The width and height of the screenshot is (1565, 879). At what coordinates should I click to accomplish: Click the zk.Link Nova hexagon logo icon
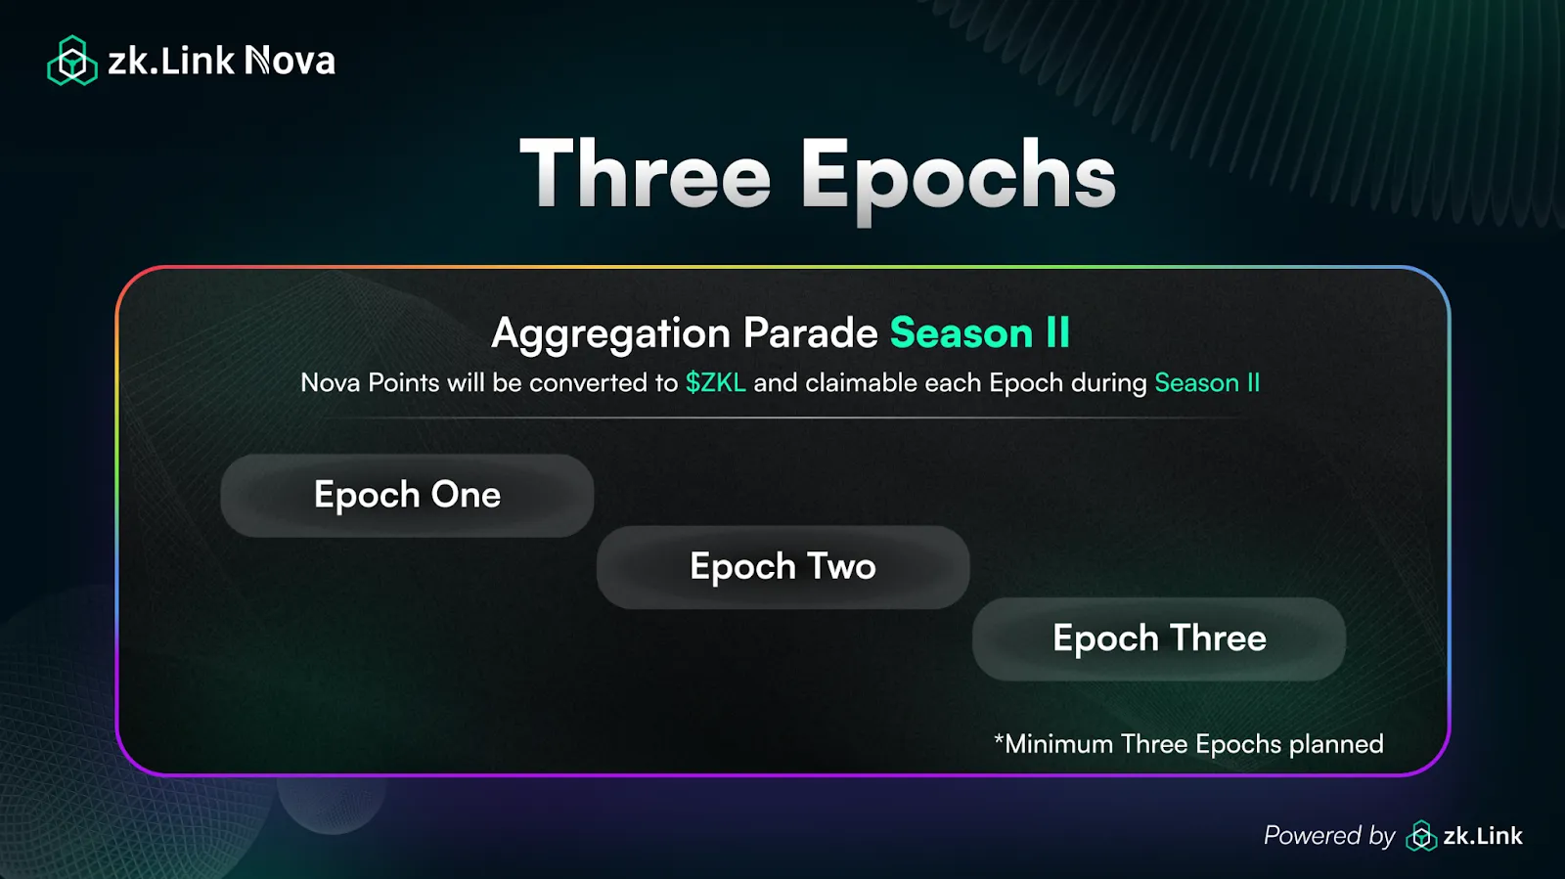coord(72,61)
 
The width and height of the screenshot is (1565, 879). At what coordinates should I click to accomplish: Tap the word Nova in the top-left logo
coord(290,61)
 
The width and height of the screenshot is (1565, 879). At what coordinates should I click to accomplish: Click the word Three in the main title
coord(645,174)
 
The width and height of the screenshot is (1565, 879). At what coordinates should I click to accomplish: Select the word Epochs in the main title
coord(958,180)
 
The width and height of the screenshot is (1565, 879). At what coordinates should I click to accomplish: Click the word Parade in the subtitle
coord(811,332)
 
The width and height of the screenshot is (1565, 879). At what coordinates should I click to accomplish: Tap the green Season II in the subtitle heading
coord(979,332)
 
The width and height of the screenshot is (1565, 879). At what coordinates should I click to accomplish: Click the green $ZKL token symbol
coord(715,382)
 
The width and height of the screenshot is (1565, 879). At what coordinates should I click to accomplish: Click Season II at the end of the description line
coord(1207,382)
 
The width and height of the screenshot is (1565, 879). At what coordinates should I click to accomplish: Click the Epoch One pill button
coord(407,496)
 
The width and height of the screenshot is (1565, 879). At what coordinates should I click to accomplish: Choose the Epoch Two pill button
coord(782,567)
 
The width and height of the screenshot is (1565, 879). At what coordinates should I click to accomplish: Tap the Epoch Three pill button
coord(1159,638)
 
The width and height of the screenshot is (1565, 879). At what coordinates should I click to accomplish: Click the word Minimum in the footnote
coord(1059,744)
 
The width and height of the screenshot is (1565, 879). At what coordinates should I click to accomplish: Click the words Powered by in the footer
coord(1329,836)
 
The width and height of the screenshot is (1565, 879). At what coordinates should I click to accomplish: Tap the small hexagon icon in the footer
coord(1421,836)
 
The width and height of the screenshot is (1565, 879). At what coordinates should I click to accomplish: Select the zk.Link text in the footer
coord(1483,836)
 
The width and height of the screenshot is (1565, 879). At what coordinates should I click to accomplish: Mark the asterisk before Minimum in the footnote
coord(999,739)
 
